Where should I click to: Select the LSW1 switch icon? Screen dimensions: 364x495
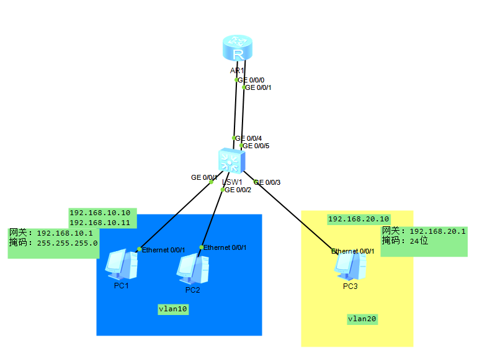(231, 161)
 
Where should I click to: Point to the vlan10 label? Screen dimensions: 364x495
(172, 309)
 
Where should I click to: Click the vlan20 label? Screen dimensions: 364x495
(362, 319)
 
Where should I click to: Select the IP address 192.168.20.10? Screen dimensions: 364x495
(359, 219)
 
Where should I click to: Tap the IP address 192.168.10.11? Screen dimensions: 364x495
(99, 222)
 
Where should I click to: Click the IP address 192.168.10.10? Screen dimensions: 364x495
(99, 212)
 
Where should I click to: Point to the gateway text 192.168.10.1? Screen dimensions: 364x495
(65, 233)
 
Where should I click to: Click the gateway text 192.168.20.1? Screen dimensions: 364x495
(438, 231)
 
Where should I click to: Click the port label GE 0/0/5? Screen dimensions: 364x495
(256, 146)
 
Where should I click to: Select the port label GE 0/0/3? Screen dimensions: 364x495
(267, 182)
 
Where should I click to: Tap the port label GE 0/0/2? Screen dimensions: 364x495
(238, 190)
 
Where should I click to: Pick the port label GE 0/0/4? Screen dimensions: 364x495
(249, 138)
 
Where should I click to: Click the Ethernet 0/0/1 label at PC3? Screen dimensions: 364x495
(352, 251)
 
